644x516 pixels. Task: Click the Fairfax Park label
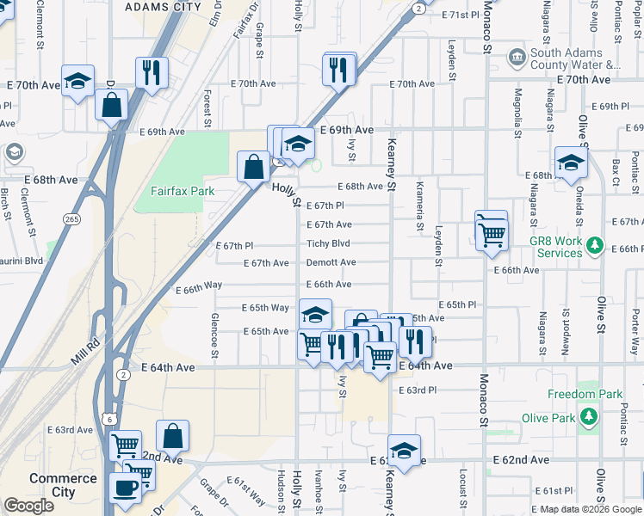(183, 191)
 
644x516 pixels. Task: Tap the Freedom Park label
(585, 394)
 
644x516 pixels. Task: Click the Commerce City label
(63, 485)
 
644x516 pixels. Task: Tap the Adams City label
(163, 6)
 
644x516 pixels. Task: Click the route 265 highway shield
(72, 220)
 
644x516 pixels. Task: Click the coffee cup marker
(126, 486)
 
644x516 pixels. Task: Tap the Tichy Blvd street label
(328, 243)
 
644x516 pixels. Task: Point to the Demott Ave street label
(331, 262)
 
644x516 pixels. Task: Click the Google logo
(28, 506)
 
